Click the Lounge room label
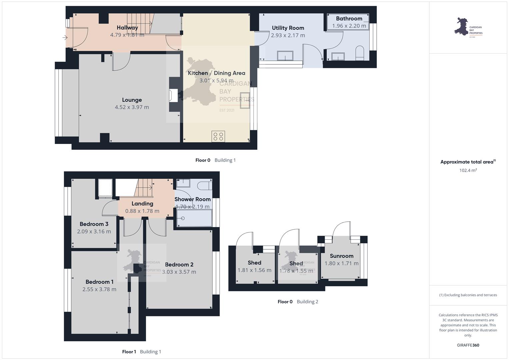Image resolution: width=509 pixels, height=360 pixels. tap(132, 100)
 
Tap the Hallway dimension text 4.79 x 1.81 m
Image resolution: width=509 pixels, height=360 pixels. tap(127, 35)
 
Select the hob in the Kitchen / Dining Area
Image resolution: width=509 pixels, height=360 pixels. tap(218, 136)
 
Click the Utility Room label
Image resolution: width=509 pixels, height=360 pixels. tap(288, 28)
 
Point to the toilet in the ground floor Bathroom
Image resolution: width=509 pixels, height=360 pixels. tap(360, 53)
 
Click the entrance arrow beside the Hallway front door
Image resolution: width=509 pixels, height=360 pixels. tap(65, 37)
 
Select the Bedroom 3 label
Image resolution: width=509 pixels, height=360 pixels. tap(94, 224)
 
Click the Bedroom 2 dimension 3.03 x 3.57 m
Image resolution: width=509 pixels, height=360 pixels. tap(179, 272)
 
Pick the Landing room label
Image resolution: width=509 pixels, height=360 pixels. tap(142, 204)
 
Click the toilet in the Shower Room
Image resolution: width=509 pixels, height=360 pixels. tap(205, 185)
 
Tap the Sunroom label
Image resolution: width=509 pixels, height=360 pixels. tap(342, 256)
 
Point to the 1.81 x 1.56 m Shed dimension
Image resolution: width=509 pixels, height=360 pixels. tap(254, 270)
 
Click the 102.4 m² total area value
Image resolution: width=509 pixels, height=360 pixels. tap(468, 170)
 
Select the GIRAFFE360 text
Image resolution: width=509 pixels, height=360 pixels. tap(468, 345)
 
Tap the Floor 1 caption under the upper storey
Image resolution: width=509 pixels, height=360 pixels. tap(129, 352)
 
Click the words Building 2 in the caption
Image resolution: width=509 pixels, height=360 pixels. tap(307, 302)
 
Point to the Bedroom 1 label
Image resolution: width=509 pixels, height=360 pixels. tap(99, 282)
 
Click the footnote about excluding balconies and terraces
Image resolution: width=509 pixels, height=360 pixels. tap(468, 295)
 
